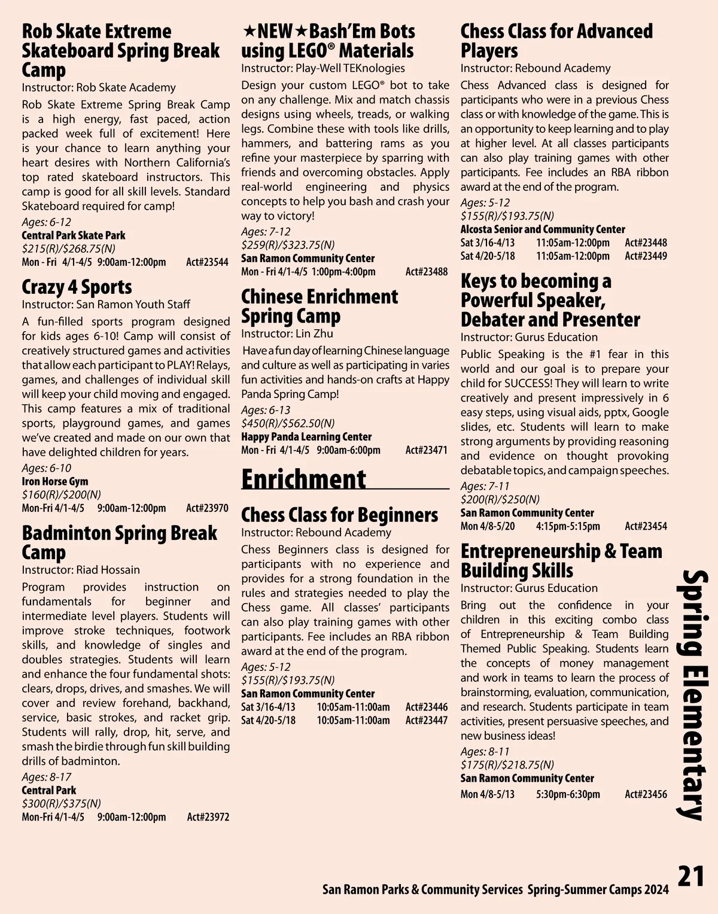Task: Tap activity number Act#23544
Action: [x=207, y=262]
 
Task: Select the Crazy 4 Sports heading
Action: [x=77, y=287]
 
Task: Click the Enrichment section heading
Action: [x=303, y=479]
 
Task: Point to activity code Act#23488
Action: [x=426, y=272]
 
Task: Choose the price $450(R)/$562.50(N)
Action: [x=288, y=423]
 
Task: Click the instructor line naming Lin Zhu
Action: [x=287, y=334]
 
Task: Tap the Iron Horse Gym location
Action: [x=55, y=481]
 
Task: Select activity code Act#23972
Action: [x=208, y=817]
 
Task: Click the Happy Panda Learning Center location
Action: [x=306, y=437]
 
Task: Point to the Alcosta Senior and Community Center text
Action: [x=543, y=229]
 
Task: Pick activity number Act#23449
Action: [x=646, y=256]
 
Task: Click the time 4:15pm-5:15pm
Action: [x=567, y=527]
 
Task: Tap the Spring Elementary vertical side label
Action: [x=693, y=694]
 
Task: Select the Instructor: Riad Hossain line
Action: [x=81, y=570]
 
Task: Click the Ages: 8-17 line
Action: [x=47, y=777]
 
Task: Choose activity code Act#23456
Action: [x=646, y=794]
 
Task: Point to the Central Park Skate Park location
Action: [x=74, y=235]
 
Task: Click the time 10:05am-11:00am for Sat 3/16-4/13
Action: [x=353, y=707]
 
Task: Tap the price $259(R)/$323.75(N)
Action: [x=288, y=245]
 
